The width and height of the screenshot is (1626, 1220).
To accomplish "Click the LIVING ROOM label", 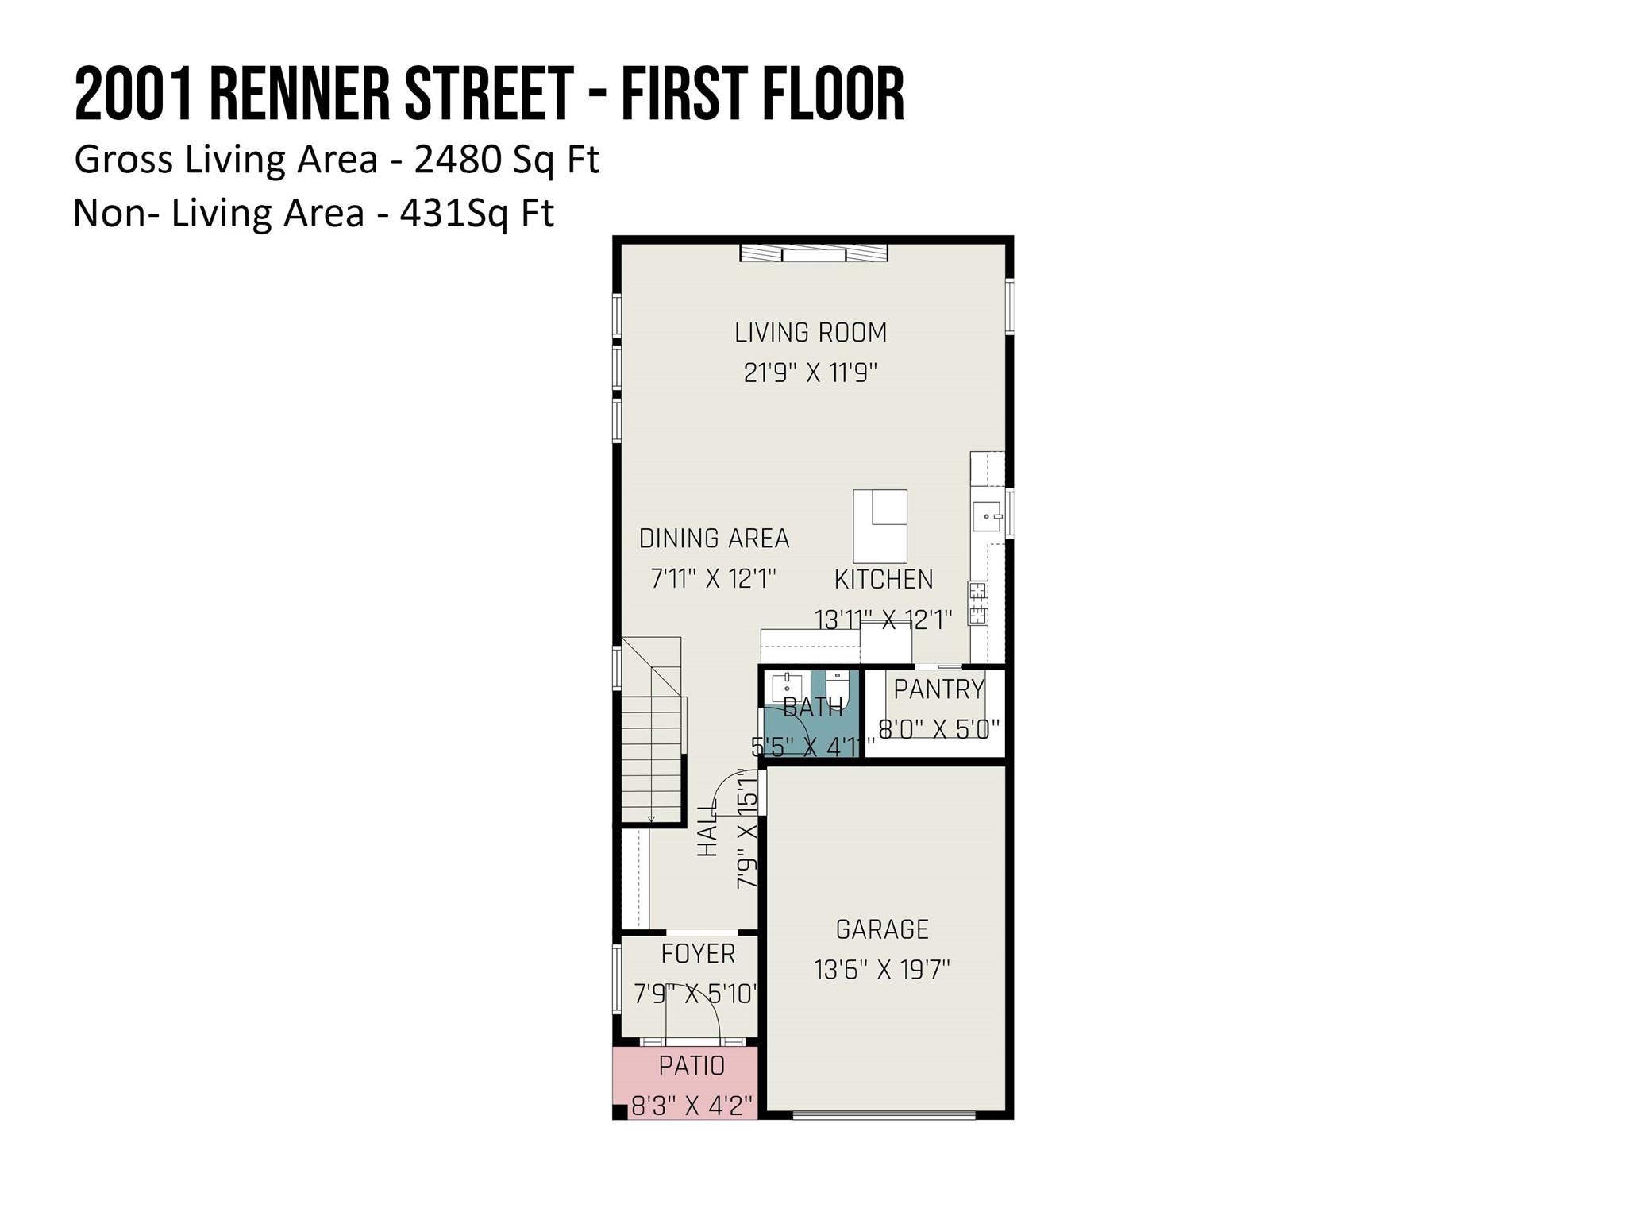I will point(810,332).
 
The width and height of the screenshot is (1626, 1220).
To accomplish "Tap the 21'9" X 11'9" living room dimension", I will point(810,373).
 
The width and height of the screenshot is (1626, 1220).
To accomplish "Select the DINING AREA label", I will point(714,539).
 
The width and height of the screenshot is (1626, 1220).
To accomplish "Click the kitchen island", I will point(880,526).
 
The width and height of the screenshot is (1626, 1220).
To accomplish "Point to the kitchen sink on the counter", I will point(988,516).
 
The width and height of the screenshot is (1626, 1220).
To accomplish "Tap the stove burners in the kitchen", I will point(977,604).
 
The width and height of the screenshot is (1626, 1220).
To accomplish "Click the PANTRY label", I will point(938,689).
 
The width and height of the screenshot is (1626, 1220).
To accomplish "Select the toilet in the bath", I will point(837,685).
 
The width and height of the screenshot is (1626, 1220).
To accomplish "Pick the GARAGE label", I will point(882,929).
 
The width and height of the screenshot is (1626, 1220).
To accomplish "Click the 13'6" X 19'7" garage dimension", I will point(882,970).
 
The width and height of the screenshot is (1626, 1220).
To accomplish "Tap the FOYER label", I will point(698,953).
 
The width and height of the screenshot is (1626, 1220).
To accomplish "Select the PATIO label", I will point(692,1066).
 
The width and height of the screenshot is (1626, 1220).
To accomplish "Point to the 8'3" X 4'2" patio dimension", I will point(692,1106).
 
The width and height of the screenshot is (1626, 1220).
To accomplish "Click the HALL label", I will point(707,828).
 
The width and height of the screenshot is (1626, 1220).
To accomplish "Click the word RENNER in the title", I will point(300,95).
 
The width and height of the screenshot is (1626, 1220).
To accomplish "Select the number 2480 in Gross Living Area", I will point(458,160).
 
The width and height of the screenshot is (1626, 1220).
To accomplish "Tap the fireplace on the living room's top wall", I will point(814,253).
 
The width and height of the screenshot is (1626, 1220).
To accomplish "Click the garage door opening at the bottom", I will point(884,1115).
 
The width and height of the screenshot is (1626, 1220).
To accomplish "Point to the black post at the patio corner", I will point(620,1112).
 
